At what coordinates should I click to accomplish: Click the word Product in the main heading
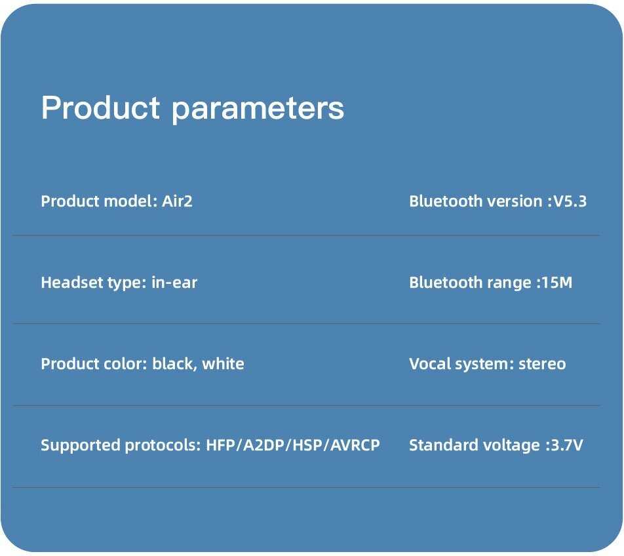pyautogui.click(x=100, y=108)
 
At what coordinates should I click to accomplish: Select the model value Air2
pyautogui.click(x=177, y=201)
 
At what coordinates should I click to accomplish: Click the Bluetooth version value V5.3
pyautogui.click(x=570, y=201)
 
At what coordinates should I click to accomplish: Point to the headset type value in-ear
pyautogui.click(x=174, y=283)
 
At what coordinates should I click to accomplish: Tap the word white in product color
pyautogui.click(x=223, y=364)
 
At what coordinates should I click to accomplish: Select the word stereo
pyautogui.click(x=542, y=364)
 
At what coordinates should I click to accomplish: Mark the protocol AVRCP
pyautogui.click(x=355, y=445)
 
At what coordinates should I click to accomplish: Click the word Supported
pyautogui.click(x=81, y=445)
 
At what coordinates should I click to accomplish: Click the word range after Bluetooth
pyautogui.click(x=509, y=283)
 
